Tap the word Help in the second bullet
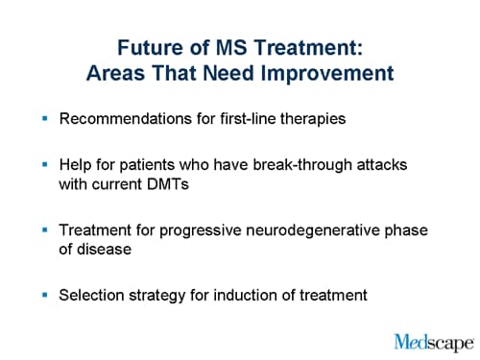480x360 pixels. click(x=77, y=165)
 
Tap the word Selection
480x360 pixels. click(x=92, y=295)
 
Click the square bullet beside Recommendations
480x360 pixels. click(x=44, y=120)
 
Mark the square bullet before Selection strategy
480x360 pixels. click(x=44, y=295)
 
